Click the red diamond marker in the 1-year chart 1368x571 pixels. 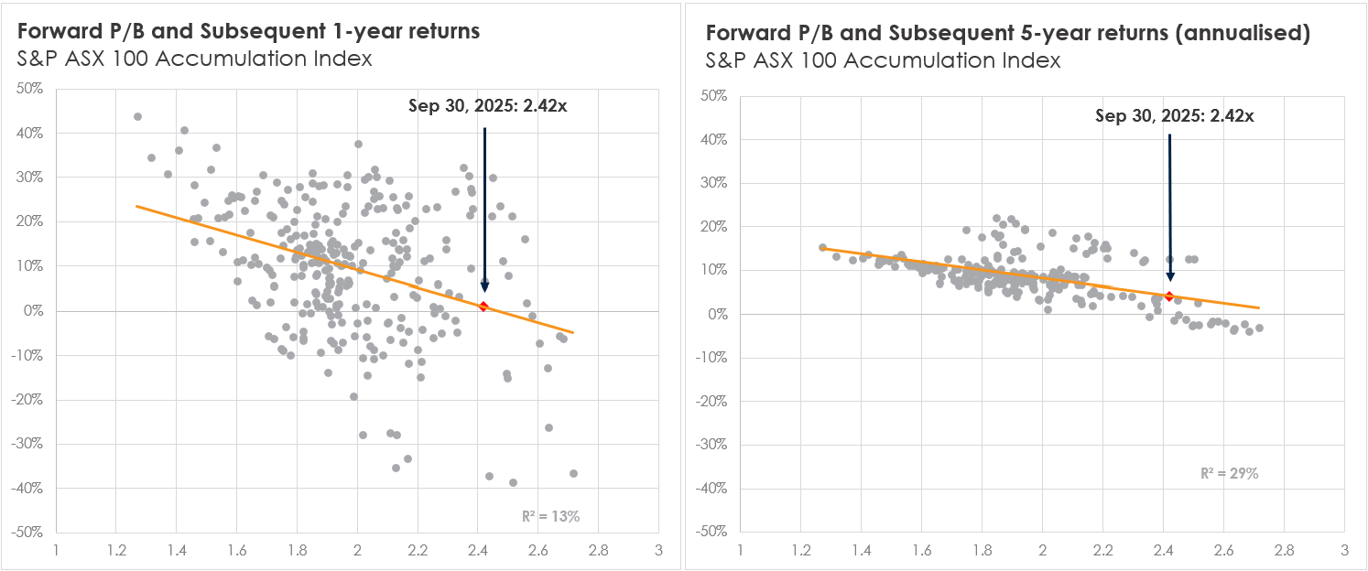coord(483,306)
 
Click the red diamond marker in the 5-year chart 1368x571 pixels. coord(1168,296)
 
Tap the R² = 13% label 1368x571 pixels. coord(551,516)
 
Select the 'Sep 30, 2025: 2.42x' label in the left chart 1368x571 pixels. coord(487,105)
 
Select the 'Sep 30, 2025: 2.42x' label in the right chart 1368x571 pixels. coord(1174,115)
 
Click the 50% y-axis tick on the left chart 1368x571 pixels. coord(30,89)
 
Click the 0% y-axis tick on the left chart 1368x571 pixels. coord(35,310)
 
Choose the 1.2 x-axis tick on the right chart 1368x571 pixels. coord(800,552)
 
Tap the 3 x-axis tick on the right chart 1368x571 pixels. coord(1343,552)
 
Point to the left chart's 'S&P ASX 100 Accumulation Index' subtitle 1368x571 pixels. coord(194,60)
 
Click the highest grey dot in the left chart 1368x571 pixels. coord(137,117)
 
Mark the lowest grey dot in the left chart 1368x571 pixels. coord(513,482)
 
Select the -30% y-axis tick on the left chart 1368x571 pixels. coord(30,443)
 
